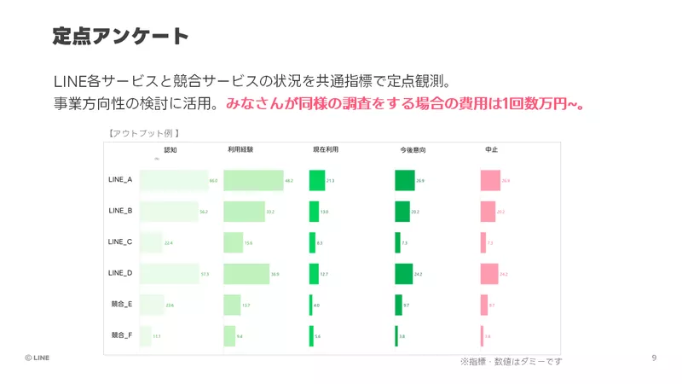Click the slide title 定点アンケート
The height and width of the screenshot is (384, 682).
coord(120,36)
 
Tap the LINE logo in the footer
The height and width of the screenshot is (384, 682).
coord(37,358)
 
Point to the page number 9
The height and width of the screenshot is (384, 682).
coord(654,357)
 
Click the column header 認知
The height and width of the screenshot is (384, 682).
coord(170,149)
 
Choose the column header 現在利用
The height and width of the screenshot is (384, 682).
coord(326,149)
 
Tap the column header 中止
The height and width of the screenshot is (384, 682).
coord(491,149)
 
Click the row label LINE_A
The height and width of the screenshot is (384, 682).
coord(120,180)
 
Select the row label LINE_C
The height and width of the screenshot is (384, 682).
coord(120,241)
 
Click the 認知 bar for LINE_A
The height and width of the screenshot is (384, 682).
coord(173,180)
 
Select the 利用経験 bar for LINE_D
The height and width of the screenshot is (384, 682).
coord(246,273)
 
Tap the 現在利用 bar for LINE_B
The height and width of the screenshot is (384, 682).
coord(314,211)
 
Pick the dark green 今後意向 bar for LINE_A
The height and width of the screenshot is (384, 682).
coord(404,180)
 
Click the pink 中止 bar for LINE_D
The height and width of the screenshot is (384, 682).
coord(489,273)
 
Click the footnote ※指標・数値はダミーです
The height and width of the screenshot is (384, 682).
coord(511,362)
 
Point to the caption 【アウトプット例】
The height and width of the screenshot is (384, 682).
coord(142,133)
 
